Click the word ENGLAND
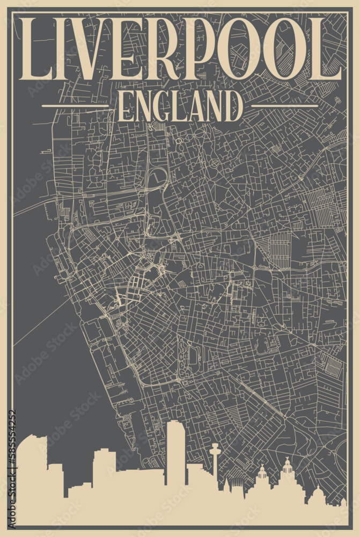click(180, 106)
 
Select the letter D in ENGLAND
click(234, 106)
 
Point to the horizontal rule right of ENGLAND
click(284, 106)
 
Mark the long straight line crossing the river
click(43, 322)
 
